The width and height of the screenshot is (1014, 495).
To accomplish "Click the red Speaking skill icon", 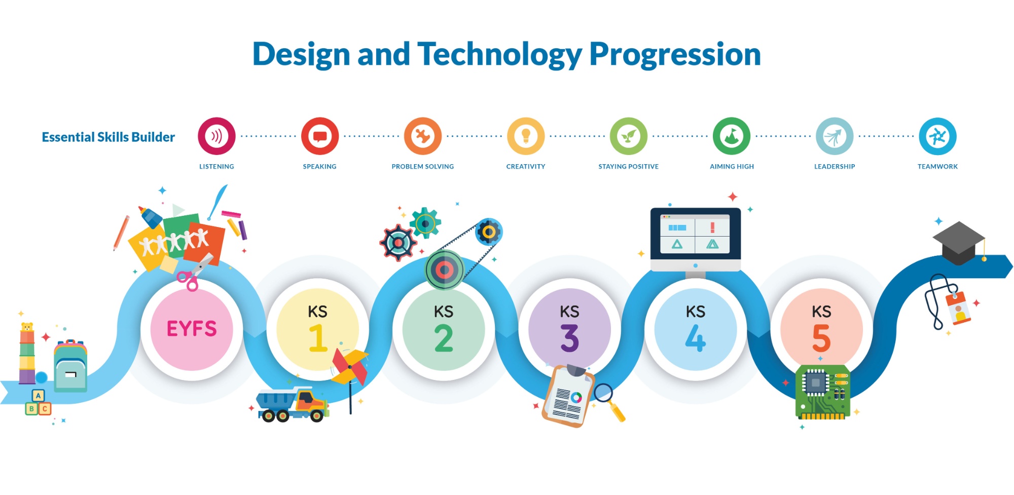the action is coord(319,136).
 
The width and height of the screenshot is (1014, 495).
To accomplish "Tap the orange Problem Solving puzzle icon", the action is coord(422,136).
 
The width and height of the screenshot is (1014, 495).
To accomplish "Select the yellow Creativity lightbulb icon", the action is coord(526,136).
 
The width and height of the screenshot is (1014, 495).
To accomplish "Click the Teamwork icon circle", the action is coord(937,136).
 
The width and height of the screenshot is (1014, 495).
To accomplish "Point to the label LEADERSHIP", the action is coord(835,166).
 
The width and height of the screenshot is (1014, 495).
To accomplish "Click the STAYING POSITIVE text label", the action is coord(629,166).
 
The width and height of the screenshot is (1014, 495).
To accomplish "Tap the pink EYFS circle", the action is coord(192,329).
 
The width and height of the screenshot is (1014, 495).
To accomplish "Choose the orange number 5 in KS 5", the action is coord(821,338).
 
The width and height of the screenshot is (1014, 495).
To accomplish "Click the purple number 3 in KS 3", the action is coord(569,338).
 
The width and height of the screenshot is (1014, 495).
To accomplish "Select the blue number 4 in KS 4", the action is coord(696,338).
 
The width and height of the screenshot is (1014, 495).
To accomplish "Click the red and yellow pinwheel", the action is coord(350,368).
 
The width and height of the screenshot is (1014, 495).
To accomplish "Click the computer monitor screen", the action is coord(695,234).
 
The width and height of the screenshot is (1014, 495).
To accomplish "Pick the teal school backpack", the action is coord(70,366).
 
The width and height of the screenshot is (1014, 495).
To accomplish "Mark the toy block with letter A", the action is coord(38,396).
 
